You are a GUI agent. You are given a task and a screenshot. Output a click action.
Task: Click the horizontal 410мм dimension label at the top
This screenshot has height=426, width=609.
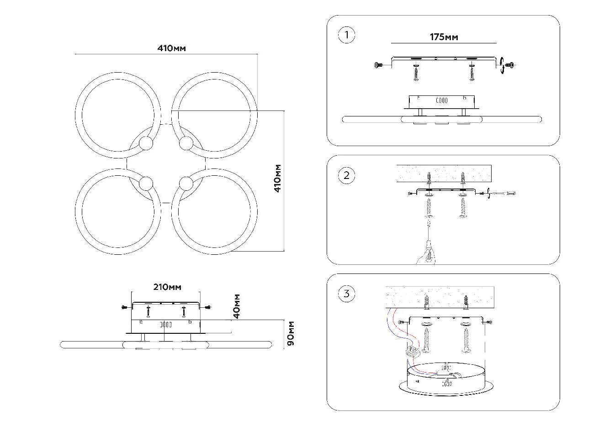click(x=171, y=48)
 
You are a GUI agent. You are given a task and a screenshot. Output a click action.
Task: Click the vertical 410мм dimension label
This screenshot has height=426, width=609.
click(x=278, y=179)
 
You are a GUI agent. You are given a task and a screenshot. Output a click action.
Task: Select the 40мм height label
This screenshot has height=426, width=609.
click(x=236, y=306)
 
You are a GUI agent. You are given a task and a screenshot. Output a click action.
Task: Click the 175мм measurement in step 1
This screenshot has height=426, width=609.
click(x=444, y=37)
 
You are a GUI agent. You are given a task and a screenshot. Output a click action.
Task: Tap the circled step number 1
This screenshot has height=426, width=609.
click(x=347, y=35)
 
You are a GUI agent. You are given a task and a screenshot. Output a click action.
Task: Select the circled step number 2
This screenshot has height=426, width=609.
click(x=347, y=175)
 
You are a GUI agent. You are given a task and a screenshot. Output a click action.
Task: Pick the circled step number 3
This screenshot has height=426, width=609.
click(x=347, y=294)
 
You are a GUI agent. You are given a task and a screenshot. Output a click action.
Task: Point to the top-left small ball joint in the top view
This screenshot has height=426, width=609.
click(x=146, y=144)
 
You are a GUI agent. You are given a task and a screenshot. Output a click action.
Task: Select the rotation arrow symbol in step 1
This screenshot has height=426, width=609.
click(x=503, y=66)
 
